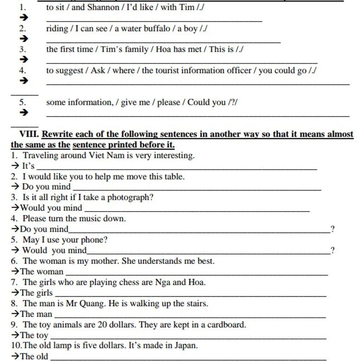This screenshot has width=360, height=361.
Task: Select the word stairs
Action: (197, 303)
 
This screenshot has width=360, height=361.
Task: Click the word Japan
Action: (185, 346)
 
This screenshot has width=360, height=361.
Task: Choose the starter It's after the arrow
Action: (28, 166)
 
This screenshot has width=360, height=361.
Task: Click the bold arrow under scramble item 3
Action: (23, 59)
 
